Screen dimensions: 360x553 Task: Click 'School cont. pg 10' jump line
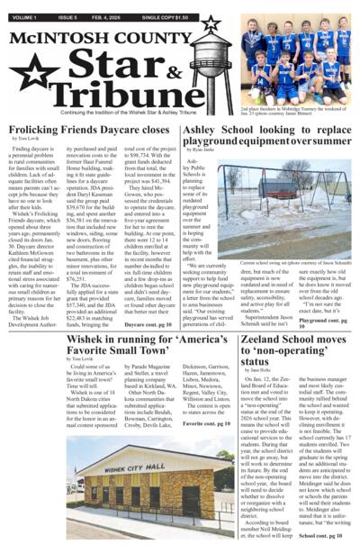320,534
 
